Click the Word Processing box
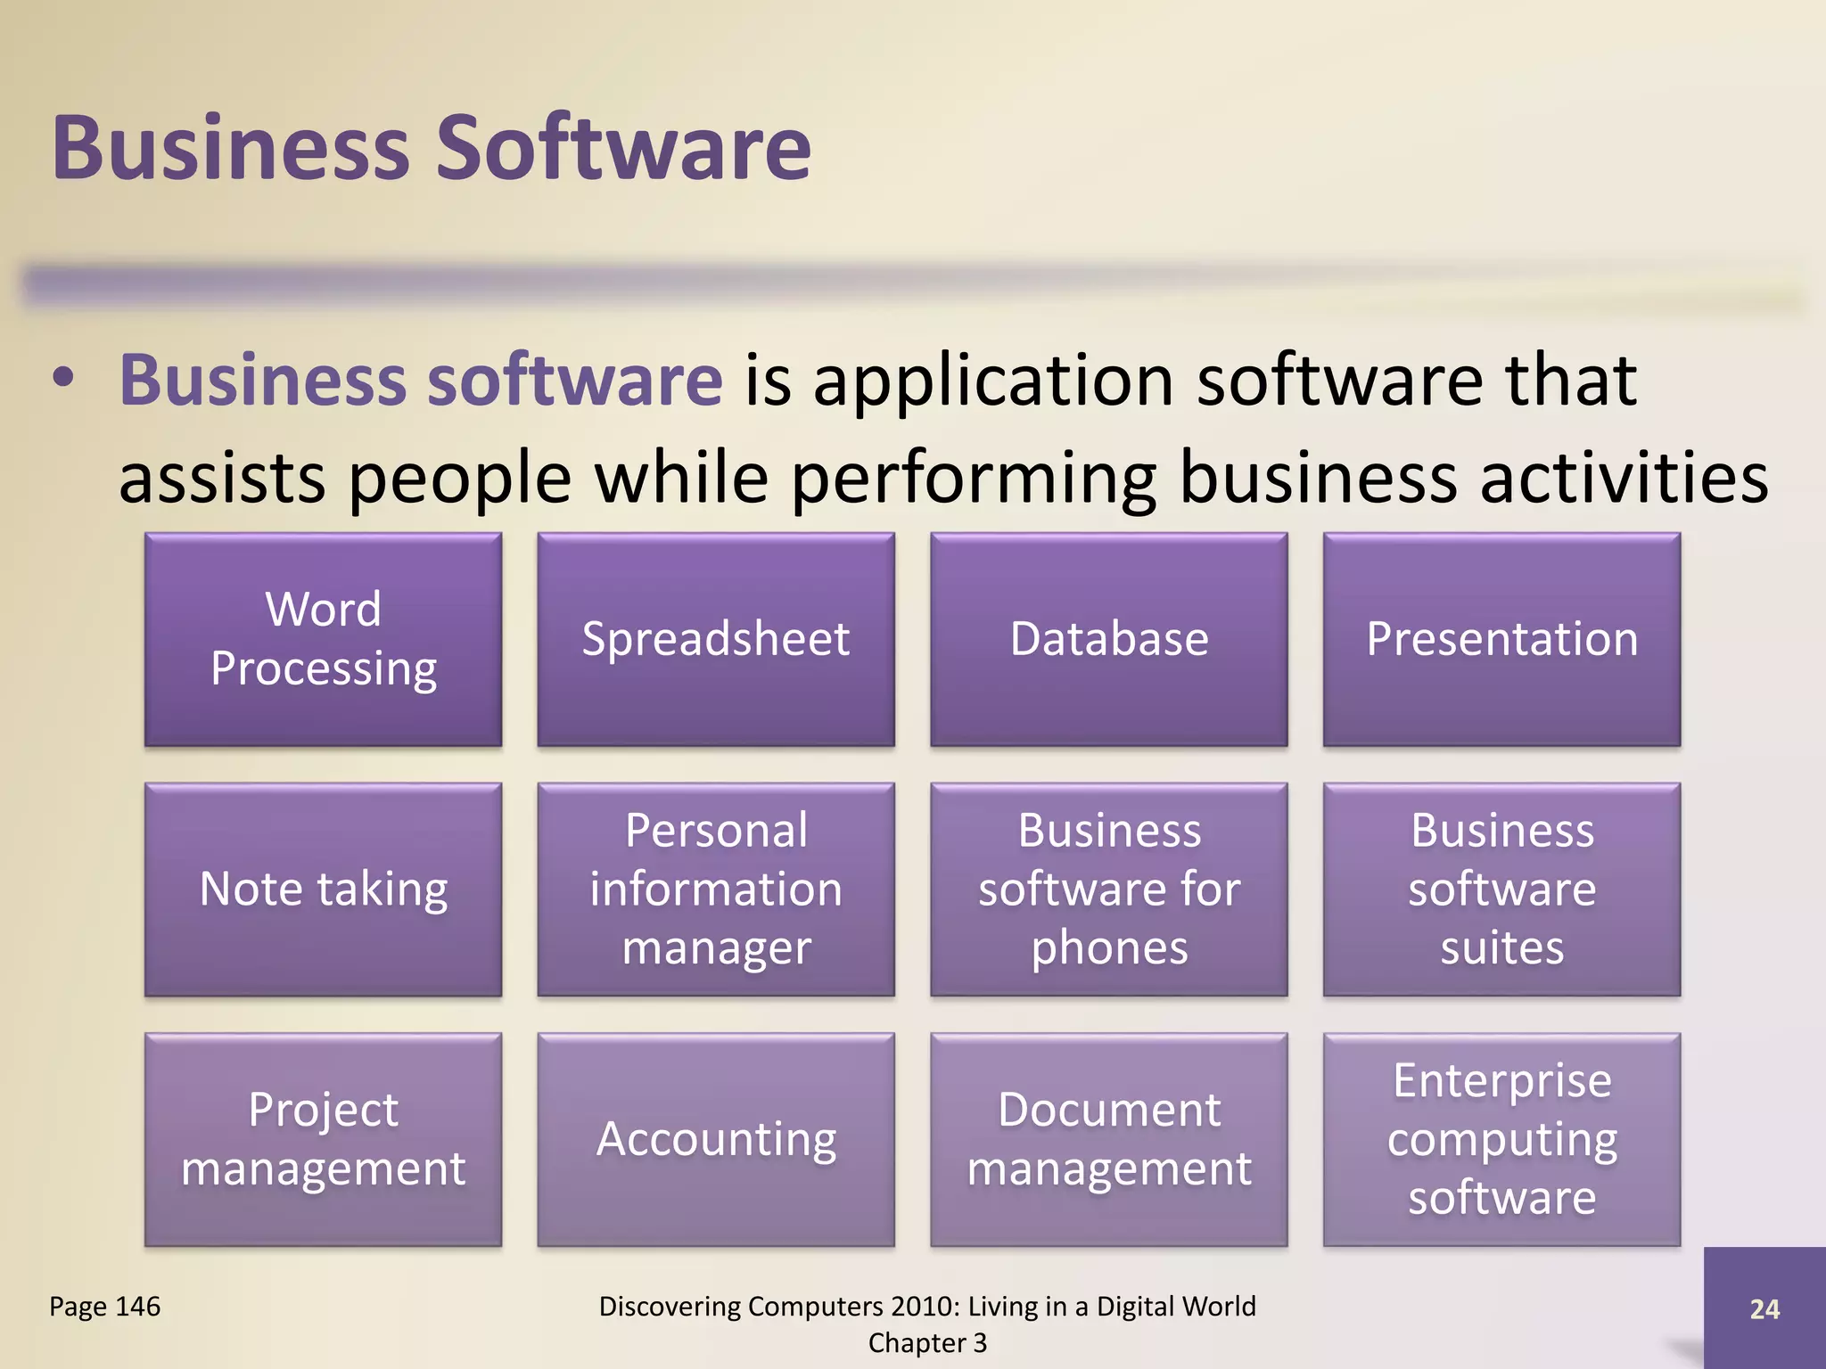click(323, 639)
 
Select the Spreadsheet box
click(716, 639)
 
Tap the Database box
click(1109, 639)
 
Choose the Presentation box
click(1502, 639)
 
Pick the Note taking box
click(323, 889)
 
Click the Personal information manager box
click(716, 889)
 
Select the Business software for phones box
click(1109, 889)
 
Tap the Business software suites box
click(1502, 889)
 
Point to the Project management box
click(323, 1139)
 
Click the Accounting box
click(716, 1139)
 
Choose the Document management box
click(1109, 1139)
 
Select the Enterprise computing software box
click(1502, 1139)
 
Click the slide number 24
click(1764, 1308)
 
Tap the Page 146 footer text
click(105, 1307)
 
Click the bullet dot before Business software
click(62, 380)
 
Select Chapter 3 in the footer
click(927, 1343)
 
